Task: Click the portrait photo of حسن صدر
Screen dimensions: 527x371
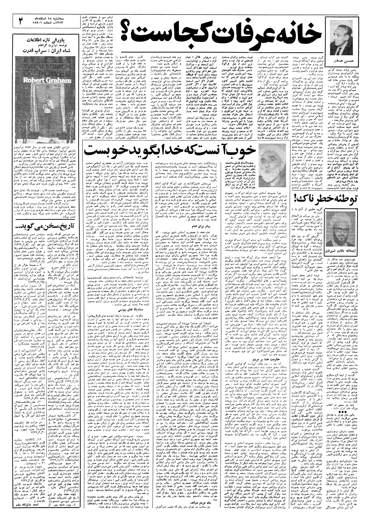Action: click(x=341, y=36)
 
